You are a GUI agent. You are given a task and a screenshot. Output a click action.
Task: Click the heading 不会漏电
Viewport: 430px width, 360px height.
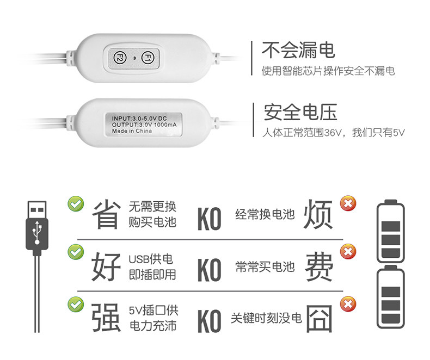click(298, 51)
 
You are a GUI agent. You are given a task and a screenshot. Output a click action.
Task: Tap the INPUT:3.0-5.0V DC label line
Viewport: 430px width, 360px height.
click(139, 118)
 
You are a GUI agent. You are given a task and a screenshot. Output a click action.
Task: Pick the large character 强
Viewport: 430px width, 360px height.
click(106, 316)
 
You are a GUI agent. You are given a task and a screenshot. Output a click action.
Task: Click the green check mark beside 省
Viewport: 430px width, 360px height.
click(75, 204)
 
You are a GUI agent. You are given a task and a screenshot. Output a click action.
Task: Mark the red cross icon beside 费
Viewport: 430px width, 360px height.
click(347, 252)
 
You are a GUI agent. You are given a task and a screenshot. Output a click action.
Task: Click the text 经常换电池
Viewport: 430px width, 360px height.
click(265, 214)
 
